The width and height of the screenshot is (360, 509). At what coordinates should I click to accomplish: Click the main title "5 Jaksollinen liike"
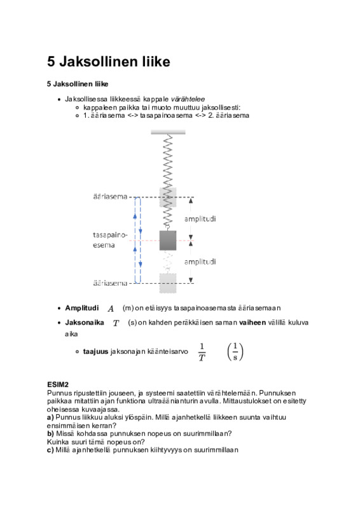tap(108, 62)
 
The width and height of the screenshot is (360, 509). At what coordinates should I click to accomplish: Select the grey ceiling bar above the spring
tap(168, 132)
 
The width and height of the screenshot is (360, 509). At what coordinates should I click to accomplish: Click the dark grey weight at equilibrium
tap(168, 241)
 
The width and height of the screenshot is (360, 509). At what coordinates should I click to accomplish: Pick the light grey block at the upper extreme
tap(168, 197)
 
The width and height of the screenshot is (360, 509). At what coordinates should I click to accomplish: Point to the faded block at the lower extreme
tap(168, 283)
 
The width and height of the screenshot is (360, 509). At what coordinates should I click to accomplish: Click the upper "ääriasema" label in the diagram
tap(110, 197)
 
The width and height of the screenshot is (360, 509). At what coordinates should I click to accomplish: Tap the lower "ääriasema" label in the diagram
tap(110, 283)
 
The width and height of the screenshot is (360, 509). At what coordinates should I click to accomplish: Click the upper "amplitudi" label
tap(200, 219)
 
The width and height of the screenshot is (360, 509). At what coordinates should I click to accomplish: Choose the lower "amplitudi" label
tap(200, 262)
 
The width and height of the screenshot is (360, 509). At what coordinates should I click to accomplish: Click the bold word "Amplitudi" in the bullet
tap(82, 308)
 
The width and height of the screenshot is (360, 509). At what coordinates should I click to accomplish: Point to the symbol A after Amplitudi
tap(111, 309)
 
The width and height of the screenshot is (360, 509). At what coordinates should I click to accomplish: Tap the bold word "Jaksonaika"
tap(85, 323)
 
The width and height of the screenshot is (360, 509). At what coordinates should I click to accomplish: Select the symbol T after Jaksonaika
tap(116, 323)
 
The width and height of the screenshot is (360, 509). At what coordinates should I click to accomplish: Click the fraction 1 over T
tap(202, 352)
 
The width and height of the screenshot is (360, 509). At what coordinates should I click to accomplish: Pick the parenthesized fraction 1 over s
tap(235, 352)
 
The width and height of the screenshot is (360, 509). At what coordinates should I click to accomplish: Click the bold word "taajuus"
tap(95, 352)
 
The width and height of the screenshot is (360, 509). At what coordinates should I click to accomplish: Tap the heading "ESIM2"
tap(58, 385)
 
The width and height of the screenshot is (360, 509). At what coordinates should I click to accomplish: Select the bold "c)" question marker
tap(50, 450)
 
